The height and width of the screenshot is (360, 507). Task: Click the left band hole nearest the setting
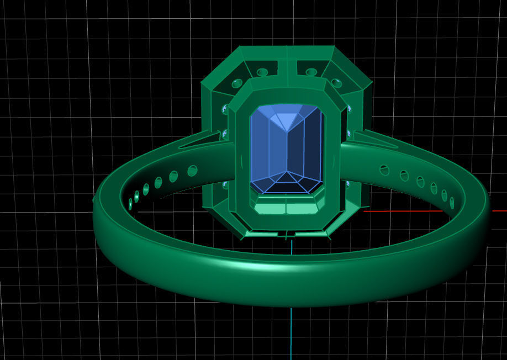tap(192, 171)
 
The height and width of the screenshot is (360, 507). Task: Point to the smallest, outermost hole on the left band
tap(131, 204)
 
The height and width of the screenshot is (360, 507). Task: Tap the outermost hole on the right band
tap(452, 203)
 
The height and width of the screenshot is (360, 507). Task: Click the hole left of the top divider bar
tap(262, 72)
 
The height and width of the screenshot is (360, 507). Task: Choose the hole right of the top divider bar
tap(311, 72)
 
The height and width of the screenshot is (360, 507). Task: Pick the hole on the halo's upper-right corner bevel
tap(336, 83)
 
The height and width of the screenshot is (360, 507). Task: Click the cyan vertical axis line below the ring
tap(291, 331)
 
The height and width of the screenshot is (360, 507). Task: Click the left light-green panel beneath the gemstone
tap(271, 208)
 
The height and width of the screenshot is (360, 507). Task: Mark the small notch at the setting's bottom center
tap(287, 235)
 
